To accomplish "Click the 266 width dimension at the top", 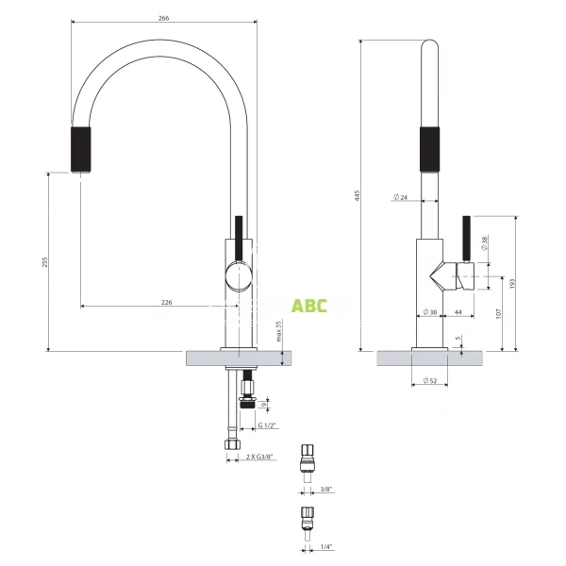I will coord(165,16).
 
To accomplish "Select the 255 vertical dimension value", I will coord(43,262).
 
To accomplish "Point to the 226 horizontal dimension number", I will coord(166,303).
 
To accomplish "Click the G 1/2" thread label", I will coord(269,425).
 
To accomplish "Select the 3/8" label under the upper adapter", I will coord(326,490).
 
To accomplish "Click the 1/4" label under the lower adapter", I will coord(326,546).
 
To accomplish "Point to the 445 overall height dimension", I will coord(357,196).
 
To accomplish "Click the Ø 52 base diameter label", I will coord(432,381).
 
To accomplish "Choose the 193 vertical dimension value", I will coord(512,284).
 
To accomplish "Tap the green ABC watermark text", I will coord(308,306).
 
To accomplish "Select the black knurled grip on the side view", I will coord(428,148).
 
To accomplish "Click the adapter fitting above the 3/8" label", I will coord(307,459).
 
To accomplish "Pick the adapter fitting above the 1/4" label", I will coord(307,519).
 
